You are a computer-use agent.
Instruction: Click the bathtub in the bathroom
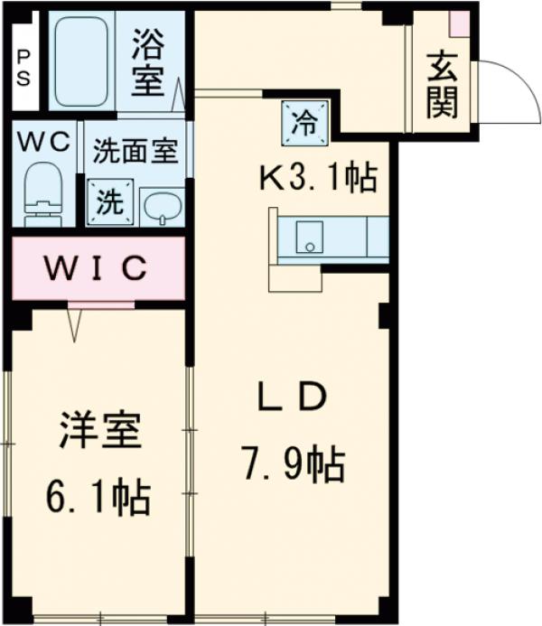coord(81,61)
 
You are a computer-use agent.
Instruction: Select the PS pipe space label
coord(23,66)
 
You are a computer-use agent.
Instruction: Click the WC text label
coord(42,142)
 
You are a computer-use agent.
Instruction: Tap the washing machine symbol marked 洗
coord(110,201)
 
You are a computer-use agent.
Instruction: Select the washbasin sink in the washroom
coord(163,206)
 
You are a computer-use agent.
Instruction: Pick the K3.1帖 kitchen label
coord(317,179)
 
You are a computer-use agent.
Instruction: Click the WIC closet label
coord(98,267)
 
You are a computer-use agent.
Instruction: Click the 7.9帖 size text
coord(291,464)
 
